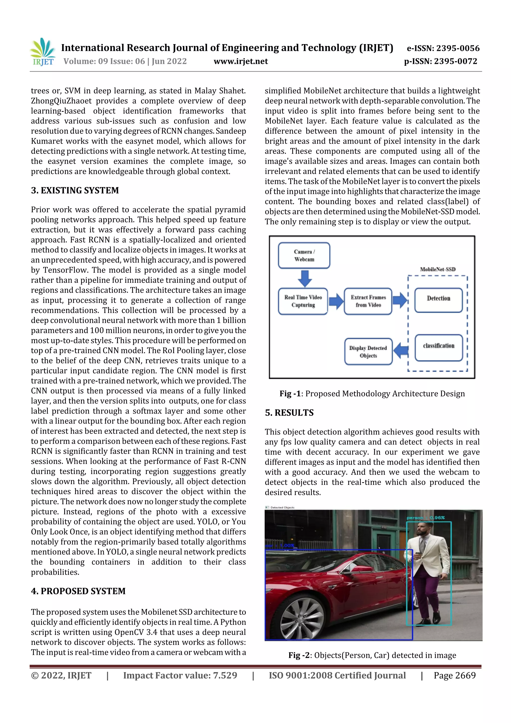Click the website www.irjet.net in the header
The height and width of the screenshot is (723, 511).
coord(241,61)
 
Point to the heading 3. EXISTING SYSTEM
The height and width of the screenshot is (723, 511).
coord(75,190)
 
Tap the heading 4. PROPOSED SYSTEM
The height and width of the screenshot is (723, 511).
coord(78,591)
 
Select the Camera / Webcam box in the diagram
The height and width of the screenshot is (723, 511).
coord(304,255)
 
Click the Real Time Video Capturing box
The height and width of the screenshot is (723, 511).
coord(303,301)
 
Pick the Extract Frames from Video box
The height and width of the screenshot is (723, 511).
coord(368,301)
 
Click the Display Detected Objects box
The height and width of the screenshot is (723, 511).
coord(368,351)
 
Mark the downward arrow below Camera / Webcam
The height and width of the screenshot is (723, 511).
coord(304,278)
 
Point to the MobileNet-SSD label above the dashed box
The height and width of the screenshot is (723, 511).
coord(437,269)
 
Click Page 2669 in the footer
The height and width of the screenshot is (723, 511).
coord(454,675)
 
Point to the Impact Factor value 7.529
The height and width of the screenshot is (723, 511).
coord(180,675)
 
